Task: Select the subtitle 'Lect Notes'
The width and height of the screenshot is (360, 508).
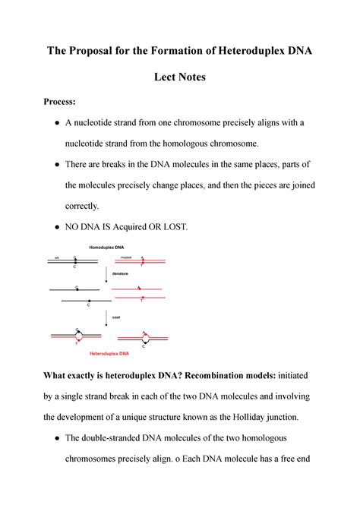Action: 180,77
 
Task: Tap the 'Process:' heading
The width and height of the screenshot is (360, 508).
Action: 60,102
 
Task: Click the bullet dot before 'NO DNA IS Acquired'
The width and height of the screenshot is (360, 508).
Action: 57,227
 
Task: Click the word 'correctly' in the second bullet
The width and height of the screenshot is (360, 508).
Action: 81,207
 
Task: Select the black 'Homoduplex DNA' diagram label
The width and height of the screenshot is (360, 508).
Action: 106,248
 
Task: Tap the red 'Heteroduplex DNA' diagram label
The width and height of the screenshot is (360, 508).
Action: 109,353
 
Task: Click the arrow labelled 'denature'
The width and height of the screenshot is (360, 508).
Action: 106,275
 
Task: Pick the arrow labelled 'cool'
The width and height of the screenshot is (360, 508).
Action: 106,318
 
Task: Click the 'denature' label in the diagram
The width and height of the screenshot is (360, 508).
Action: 120,274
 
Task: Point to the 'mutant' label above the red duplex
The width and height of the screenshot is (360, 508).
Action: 126,257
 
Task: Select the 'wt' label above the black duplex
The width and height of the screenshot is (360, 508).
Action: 56,258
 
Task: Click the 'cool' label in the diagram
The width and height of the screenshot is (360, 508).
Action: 116,317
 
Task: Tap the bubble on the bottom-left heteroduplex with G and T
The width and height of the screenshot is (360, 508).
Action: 79,336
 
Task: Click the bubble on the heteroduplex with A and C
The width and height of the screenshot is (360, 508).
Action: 146,338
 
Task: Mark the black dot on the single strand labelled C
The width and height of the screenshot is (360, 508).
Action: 89,301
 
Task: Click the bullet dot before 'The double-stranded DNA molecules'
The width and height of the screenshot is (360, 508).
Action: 57,438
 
